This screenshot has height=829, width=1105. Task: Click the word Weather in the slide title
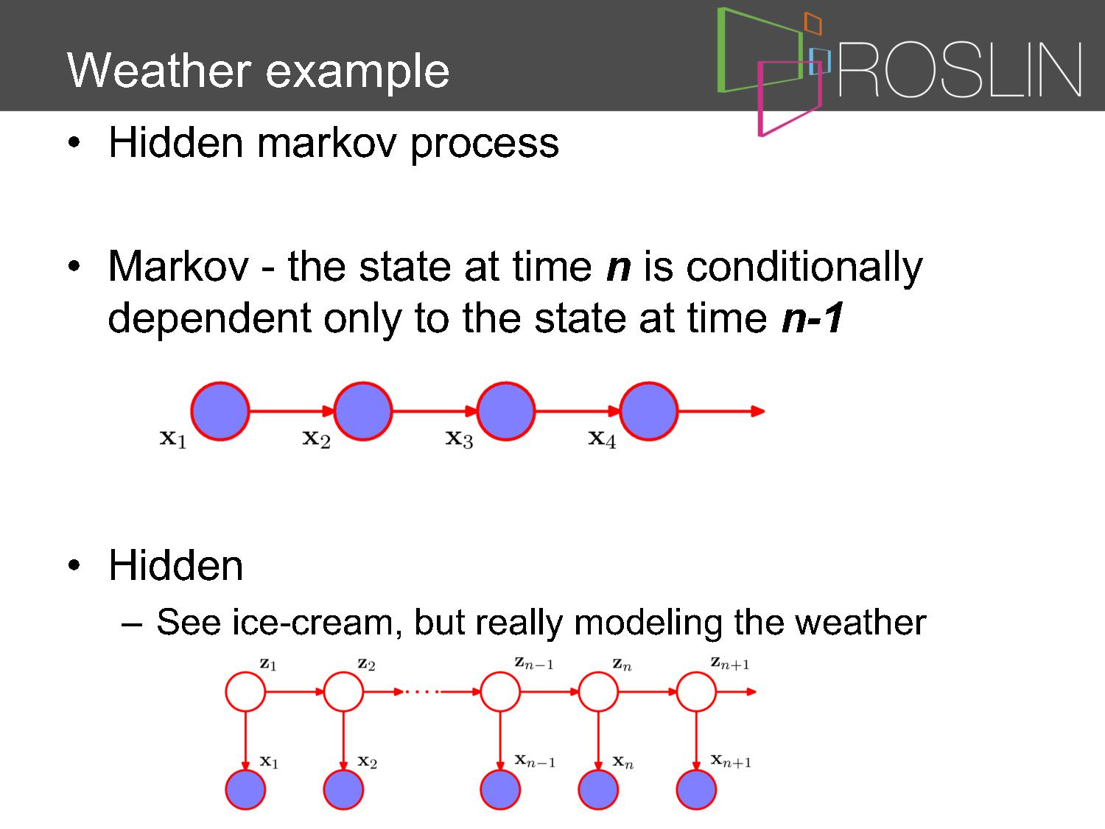coord(159,71)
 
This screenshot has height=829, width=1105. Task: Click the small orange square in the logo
coord(813,23)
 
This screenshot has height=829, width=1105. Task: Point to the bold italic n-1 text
coord(813,318)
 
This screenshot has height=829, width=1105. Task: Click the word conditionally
coord(804,267)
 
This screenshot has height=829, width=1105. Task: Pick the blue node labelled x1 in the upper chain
coord(220,411)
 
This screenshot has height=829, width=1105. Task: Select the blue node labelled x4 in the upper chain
coord(648,411)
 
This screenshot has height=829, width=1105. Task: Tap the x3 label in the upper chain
coord(459,438)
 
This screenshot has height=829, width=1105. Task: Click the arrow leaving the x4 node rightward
coord(721,411)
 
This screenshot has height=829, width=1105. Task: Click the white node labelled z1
coord(245,692)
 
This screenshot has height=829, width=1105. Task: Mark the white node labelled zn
coord(598,692)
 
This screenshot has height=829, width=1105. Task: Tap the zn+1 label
coord(729,664)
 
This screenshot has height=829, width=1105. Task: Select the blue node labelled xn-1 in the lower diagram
coord(500,789)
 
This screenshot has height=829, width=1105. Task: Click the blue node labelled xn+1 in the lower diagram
coord(696,789)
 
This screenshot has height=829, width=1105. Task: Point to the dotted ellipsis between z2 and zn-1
coord(422,692)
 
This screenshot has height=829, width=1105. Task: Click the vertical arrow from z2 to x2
coord(343,741)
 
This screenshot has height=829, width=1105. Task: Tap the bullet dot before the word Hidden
coord(74,564)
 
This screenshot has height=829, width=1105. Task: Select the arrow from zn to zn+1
coord(648,692)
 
